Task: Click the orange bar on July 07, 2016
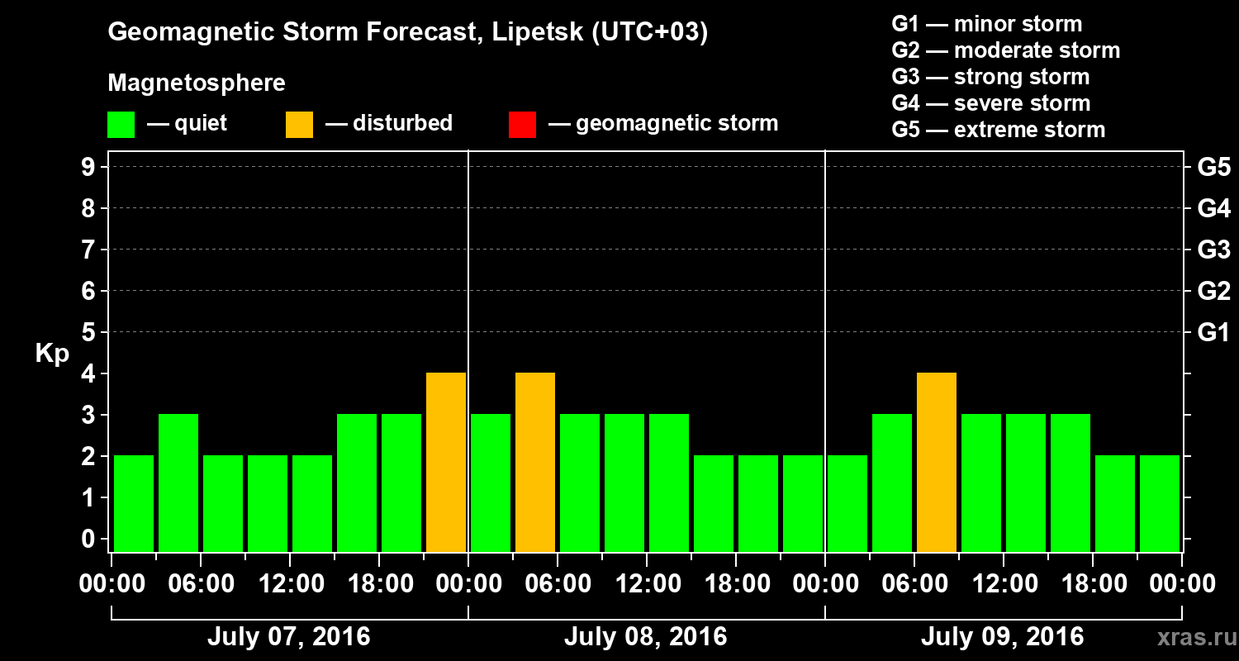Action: pyautogui.click(x=446, y=463)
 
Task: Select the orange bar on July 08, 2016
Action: pyautogui.click(x=535, y=463)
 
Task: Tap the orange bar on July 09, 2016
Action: pyautogui.click(x=937, y=463)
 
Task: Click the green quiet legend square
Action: pyautogui.click(x=121, y=124)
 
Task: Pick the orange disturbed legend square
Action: pyautogui.click(x=299, y=124)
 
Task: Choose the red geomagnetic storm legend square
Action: pyautogui.click(x=522, y=124)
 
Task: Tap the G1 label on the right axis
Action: pyautogui.click(x=1213, y=332)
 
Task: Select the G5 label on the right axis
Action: pyautogui.click(x=1213, y=167)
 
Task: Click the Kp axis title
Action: pyautogui.click(x=51, y=354)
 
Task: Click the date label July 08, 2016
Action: pyautogui.click(x=645, y=637)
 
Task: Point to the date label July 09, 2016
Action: pyautogui.click(x=1002, y=637)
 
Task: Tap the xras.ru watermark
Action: pyautogui.click(x=1189, y=637)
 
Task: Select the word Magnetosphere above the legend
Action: pyautogui.click(x=197, y=83)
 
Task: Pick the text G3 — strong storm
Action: pyautogui.click(x=990, y=77)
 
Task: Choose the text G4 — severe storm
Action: pyautogui.click(x=990, y=103)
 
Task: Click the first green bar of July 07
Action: pyautogui.click(x=134, y=503)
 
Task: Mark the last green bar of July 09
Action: pyautogui.click(x=1160, y=503)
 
